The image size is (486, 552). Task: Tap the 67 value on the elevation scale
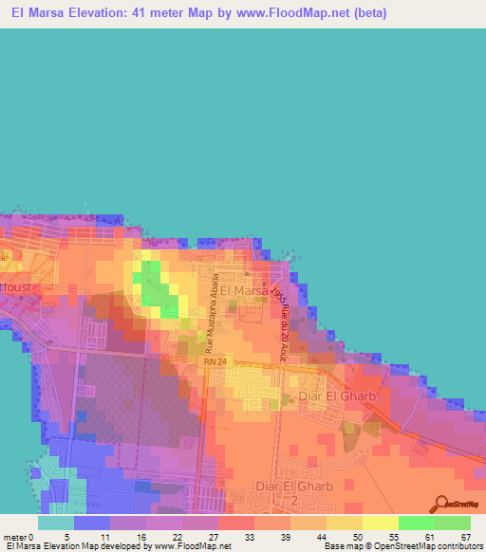[464, 537]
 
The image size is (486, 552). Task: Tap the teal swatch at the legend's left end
[56, 523]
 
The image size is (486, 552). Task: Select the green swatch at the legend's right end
[452, 523]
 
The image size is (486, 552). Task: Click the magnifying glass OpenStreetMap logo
[441, 504]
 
